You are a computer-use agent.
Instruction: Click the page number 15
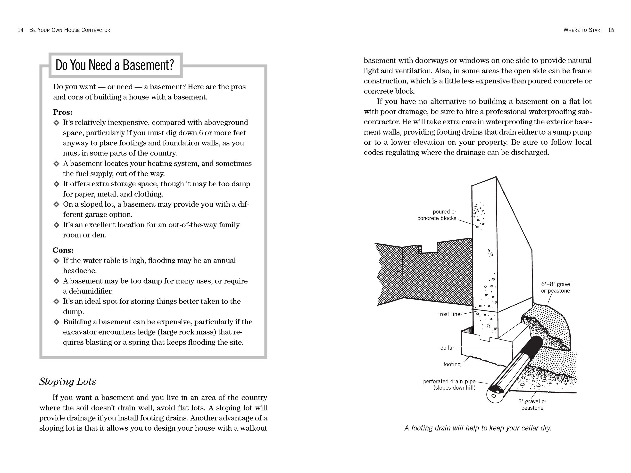[611, 30]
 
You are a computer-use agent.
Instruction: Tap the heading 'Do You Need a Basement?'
[115, 65]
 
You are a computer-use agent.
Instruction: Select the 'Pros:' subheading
[63, 112]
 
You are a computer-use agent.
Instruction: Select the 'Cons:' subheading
[63, 250]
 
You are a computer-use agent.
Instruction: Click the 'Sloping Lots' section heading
[68, 382]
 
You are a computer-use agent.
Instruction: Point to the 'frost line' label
[449, 314]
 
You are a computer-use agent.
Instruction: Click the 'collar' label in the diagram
[447, 348]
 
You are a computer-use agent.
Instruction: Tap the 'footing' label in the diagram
[452, 364]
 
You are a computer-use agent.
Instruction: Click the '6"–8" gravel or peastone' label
[556, 287]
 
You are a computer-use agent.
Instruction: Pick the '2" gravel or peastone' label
[532, 405]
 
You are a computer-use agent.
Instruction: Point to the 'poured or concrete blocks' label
[437, 215]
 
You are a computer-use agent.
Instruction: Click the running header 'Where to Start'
[583, 30]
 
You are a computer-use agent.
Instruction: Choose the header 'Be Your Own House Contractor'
[70, 30]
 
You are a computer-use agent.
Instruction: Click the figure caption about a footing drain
[478, 428]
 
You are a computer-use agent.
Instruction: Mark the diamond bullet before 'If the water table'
[57, 261]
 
